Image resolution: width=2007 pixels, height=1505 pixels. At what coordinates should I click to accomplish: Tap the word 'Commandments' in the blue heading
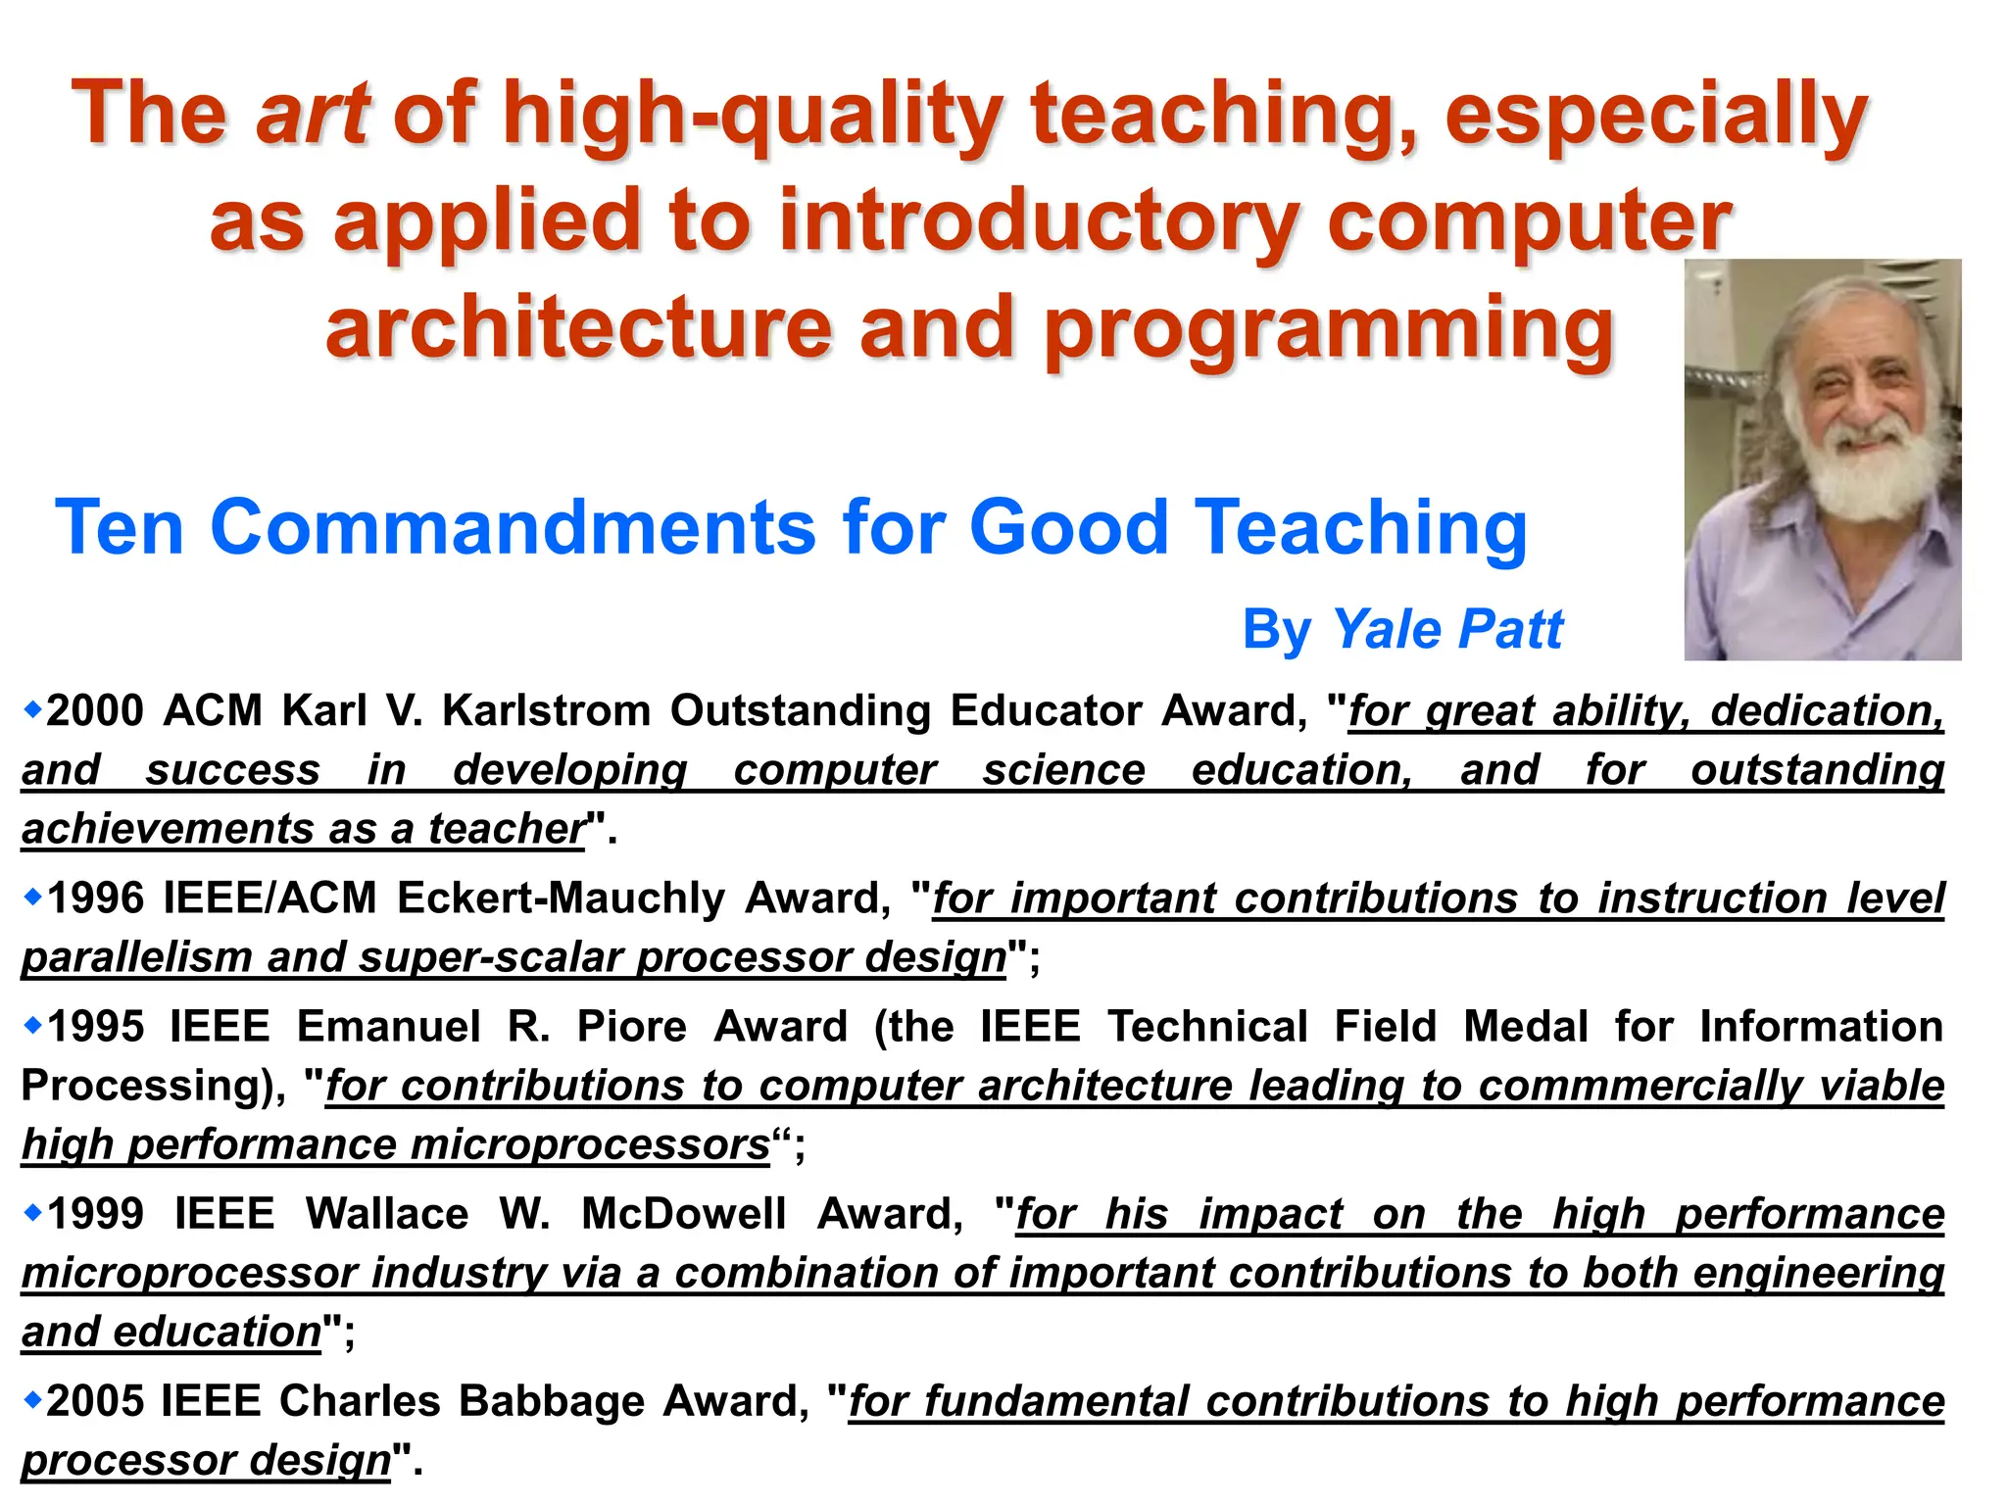pos(513,527)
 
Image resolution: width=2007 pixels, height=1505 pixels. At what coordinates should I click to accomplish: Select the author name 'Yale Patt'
pos(1447,629)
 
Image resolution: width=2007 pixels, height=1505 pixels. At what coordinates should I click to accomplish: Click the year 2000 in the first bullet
pos(95,711)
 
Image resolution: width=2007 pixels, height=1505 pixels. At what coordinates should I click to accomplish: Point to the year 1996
pos(95,898)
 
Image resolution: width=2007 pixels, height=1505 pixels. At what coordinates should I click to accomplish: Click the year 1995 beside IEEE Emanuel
pos(96,1027)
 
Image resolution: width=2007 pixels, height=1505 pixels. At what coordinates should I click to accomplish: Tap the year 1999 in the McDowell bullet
pos(96,1214)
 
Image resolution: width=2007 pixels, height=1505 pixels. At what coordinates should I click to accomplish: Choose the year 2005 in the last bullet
pos(94,1401)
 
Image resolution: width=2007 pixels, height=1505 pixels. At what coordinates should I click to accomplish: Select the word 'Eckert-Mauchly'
pos(561,898)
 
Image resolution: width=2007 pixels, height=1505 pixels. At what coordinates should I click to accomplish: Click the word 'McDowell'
pos(684,1214)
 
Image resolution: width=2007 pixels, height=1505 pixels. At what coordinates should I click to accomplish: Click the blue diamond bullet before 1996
pos(33,896)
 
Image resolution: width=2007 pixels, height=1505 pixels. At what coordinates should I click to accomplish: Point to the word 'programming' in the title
pos(1329,330)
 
